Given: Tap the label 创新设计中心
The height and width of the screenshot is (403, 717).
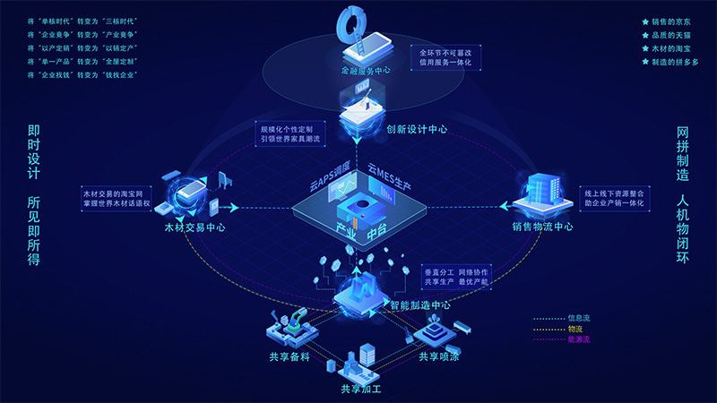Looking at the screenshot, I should click(417, 128).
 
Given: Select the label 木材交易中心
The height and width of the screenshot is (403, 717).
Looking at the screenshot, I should click(194, 227).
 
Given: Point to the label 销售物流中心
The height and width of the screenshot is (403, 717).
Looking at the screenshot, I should click(542, 226).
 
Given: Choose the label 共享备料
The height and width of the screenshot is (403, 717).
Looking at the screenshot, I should click(289, 357).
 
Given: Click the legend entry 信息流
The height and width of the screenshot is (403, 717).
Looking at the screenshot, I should click(579, 317).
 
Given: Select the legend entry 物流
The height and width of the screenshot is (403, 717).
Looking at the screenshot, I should click(574, 328).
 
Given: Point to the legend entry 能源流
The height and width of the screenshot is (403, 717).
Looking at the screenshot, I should click(579, 339).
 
